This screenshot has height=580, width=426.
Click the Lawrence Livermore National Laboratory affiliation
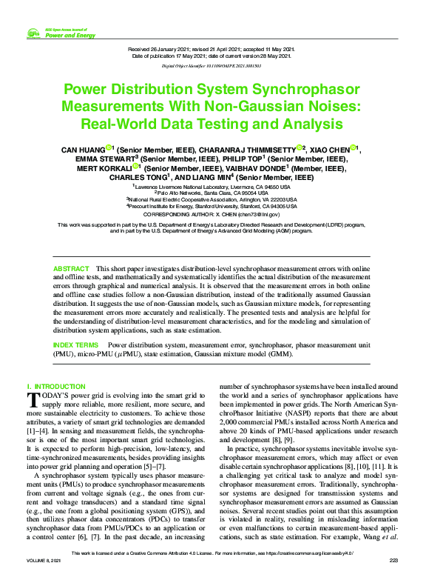coord(213,187)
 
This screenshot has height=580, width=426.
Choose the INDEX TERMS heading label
coord(75,346)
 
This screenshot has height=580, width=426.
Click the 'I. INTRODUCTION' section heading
coord(56,387)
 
